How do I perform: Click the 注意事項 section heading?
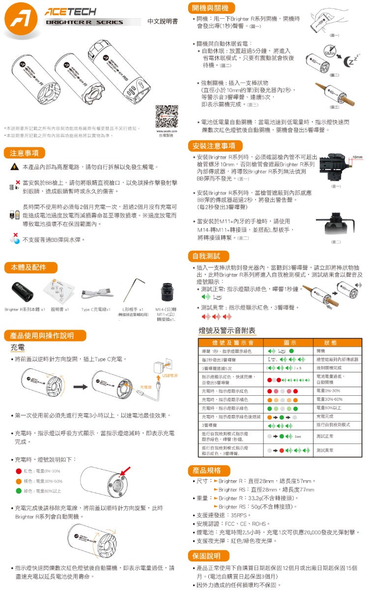[x=25, y=152]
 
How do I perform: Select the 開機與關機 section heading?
[x=208, y=8]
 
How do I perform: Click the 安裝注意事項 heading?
[x=215, y=146]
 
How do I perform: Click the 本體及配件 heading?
[x=28, y=267]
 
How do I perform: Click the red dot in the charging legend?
[x=18, y=472]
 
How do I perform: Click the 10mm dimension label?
[x=358, y=156]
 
